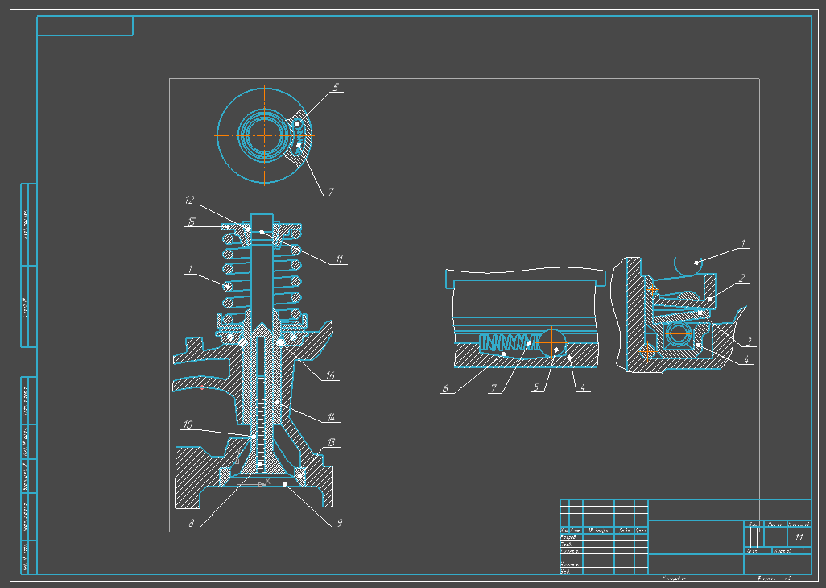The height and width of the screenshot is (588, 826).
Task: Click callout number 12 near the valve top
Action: [190, 200]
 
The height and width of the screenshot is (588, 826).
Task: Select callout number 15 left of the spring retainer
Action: [191, 221]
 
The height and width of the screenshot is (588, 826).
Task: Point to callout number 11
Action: [340, 259]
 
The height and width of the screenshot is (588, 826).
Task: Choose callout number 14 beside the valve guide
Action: [329, 416]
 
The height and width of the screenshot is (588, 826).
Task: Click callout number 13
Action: [332, 443]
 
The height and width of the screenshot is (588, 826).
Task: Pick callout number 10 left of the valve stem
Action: [187, 425]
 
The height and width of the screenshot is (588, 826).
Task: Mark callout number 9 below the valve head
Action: [340, 523]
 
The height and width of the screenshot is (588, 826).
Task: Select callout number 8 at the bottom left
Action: [191, 523]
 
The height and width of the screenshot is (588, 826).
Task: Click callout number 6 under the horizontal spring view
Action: [444, 388]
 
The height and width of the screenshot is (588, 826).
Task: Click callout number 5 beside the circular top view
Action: [336, 86]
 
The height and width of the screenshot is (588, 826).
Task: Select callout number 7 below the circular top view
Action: [329, 192]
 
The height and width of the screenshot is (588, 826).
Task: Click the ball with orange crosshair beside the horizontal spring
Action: [555, 348]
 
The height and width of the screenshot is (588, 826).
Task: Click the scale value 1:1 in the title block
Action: [799, 536]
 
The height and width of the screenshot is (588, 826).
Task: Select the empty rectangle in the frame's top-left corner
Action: [85, 26]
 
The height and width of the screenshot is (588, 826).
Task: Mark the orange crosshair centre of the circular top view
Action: [265, 135]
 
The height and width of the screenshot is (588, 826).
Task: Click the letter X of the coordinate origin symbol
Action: [267, 481]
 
